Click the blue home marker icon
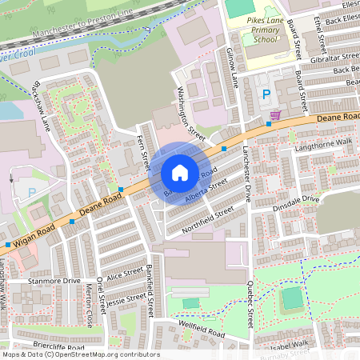click(x=180, y=173)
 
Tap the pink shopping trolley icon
click(x=275, y=115)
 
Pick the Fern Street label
click(x=145, y=151)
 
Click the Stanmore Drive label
click(x=54, y=282)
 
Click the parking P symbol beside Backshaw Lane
click(x=31, y=193)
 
